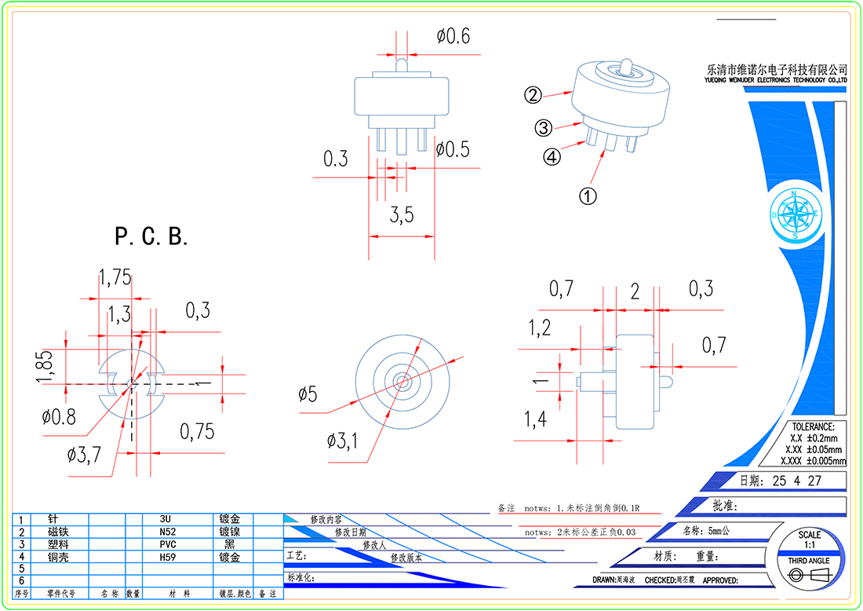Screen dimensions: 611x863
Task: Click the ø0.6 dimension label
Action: pyautogui.click(x=453, y=36)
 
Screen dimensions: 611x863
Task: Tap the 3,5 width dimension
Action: pyautogui.click(x=402, y=214)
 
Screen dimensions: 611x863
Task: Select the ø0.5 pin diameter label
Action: pyautogui.click(x=453, y=148)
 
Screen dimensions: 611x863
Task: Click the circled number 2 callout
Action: pyautogui.click(x=533, y=96)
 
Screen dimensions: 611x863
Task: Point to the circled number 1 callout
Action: pyautogui.click(x=588, y=196)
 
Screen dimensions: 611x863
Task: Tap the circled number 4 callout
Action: pyautogui.click(x=552, y=156)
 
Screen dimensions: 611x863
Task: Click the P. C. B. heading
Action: pyautogui.click(x=151, y=236)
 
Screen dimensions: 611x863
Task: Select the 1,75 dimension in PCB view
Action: pyautogui.click(x=115, y=276)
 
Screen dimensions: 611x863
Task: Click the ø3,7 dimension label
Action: pyautogui.click(x=84, y=454)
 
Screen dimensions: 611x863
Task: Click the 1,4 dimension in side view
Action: pyautogui.click(x=535, y=420)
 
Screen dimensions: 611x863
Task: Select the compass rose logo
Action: pyautogui.click(x=796, y=214)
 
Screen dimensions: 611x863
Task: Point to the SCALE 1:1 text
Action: pyautogui.click(x=809, y=539)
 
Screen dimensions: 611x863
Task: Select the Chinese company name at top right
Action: pyautogui.click(x=777, y=69)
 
